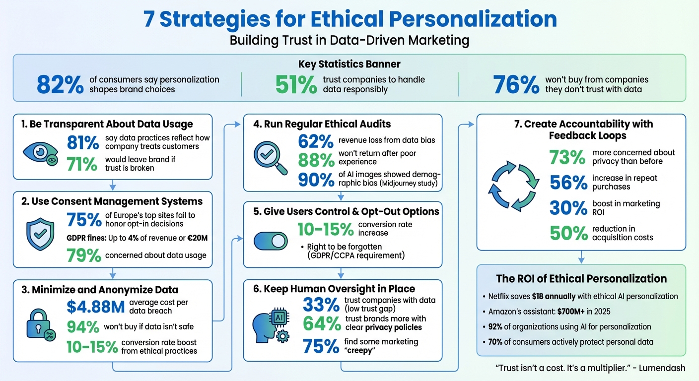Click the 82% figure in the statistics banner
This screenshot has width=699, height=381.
coord(60,85)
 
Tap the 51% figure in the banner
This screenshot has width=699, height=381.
coord(296,85)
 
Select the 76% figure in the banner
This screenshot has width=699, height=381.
coord(516,85)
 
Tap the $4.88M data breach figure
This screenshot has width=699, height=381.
coord(95,307)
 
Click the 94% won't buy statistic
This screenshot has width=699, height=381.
coord(82,326)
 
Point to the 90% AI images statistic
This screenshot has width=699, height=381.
coord(316,180)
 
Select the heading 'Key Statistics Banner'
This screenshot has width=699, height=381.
coord(349,64)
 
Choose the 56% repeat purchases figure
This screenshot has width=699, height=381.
coord(568,183)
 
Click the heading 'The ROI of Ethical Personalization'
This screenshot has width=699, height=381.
coord(581,278)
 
